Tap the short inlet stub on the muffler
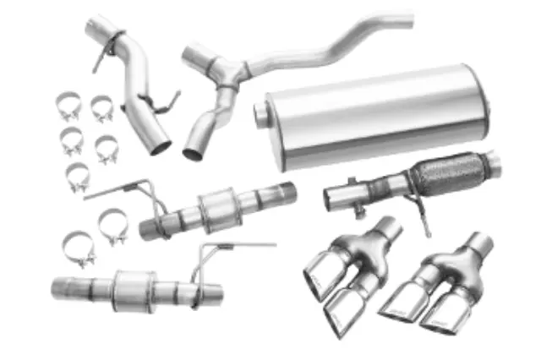pyautogui.click(x=263, y=112)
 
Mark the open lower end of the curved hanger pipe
pyautogui.click(x=160, y=144)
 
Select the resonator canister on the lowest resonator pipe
pyautogui.click(x=132, y=284)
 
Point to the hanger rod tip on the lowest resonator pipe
pyautogui.click(x=272, y=244)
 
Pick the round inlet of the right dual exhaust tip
pyautogui.click(x=478, y=243)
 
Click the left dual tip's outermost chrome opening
pyautogui.click(x=319, y=272)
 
